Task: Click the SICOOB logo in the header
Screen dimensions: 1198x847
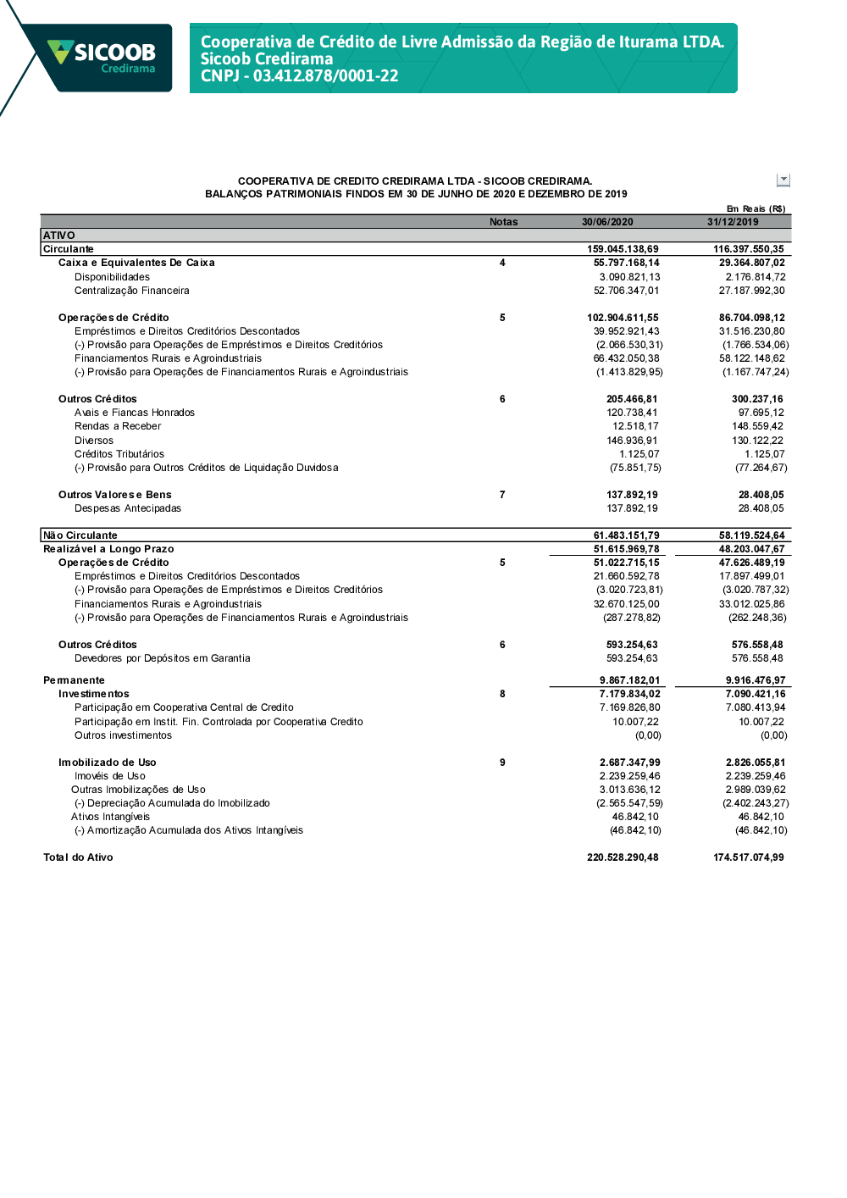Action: [102, 57]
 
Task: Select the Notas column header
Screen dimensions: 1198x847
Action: [503, 222]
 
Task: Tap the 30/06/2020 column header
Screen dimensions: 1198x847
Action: [607, 222]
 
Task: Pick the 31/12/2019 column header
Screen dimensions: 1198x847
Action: [733, 222]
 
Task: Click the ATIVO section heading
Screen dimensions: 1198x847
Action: [59, 236]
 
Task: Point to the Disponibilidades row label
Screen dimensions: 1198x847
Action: [112, 277]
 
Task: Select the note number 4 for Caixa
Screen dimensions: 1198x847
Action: [502, 263]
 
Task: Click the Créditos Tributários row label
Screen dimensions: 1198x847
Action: [119, 454]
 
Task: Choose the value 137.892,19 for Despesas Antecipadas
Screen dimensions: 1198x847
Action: [632, 508]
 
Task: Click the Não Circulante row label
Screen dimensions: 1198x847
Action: [80, 535]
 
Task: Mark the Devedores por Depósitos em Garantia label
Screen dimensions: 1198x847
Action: [162, 658]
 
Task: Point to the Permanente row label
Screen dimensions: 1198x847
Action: [75, 680]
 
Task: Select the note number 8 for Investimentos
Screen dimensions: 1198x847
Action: [502, 694]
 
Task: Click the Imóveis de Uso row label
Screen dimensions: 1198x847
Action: [109, 776]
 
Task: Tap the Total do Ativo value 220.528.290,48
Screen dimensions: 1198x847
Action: [623, 857]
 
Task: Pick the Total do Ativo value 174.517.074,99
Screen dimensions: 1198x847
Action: [748, 857]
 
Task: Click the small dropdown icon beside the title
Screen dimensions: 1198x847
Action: [783, 180]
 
